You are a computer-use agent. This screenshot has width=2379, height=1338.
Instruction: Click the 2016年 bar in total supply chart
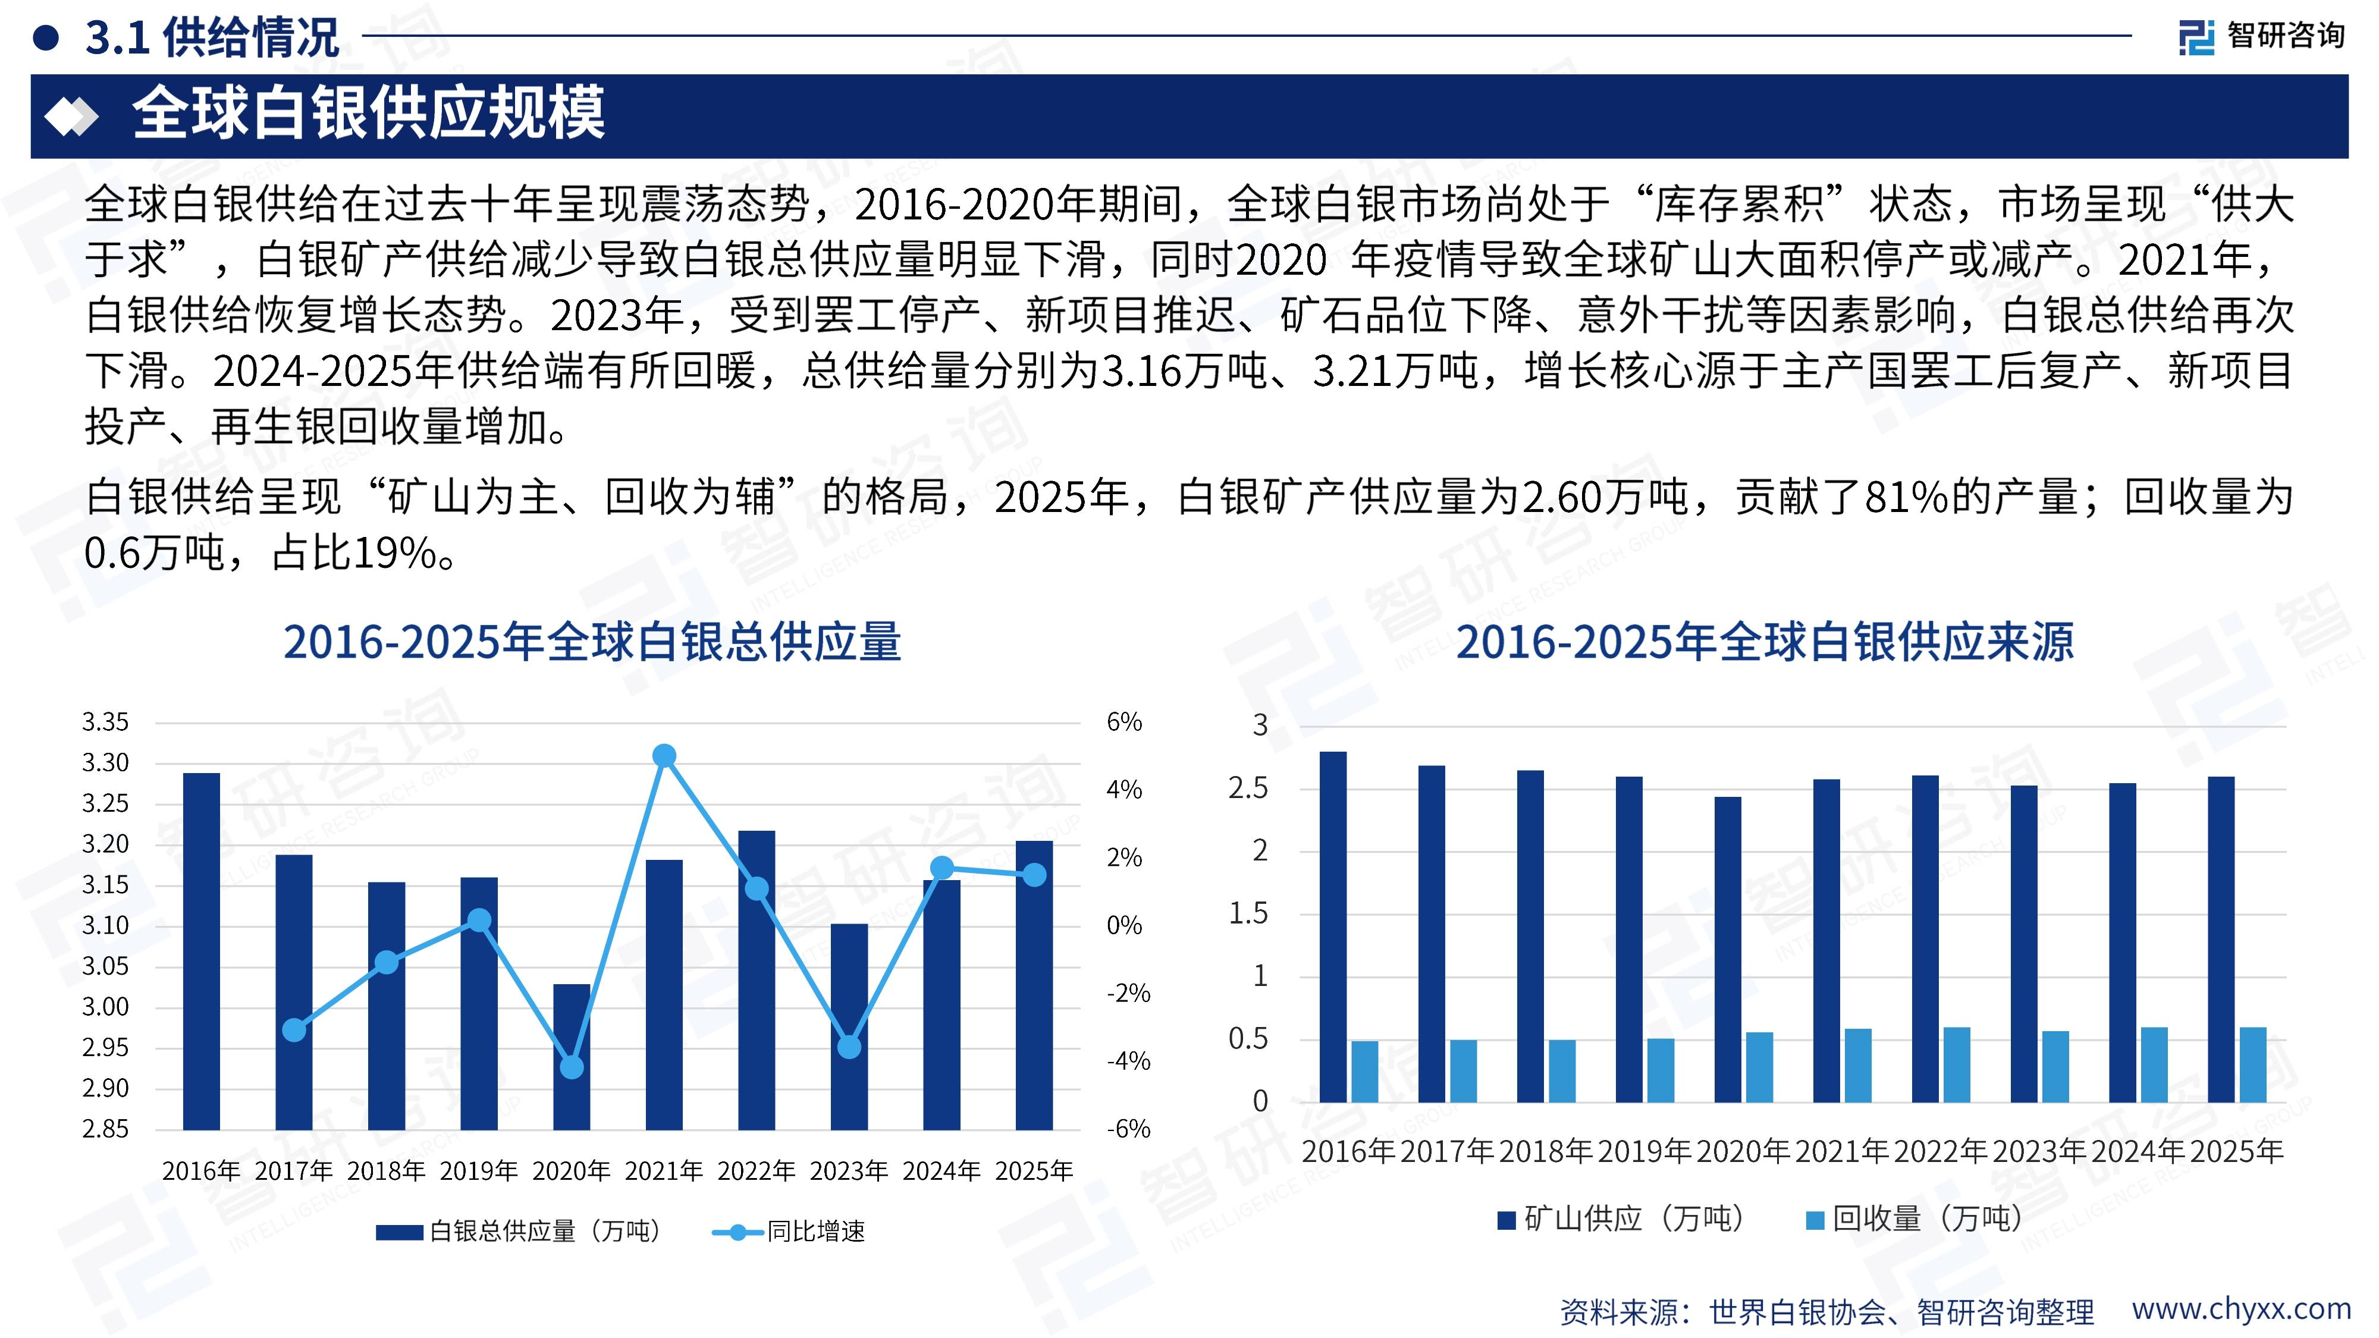(x=202, y=951)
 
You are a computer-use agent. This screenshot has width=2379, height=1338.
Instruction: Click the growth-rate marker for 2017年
(x=294, y=1029)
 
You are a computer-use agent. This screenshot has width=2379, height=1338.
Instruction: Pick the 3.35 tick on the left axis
(x=105, y=722)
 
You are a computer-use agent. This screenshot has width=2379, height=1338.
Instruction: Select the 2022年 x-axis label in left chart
(x=757, y=1171)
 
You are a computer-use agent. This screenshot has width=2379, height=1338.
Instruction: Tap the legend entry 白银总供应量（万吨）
(x=520, y=1231)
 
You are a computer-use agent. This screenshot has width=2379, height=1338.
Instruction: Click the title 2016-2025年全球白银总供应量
(x=592, y=642)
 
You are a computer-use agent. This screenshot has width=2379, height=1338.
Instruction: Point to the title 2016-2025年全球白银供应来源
(x=1765, y=642)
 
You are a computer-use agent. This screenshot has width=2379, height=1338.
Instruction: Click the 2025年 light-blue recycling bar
(x=2252, y=1064)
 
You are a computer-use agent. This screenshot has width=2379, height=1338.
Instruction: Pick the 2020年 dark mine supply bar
(x=1728, y=949)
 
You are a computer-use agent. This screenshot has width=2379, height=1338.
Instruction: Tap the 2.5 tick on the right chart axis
(x=1248, y=789)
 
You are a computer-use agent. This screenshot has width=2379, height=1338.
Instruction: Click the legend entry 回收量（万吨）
(x=1915, y=1219)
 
